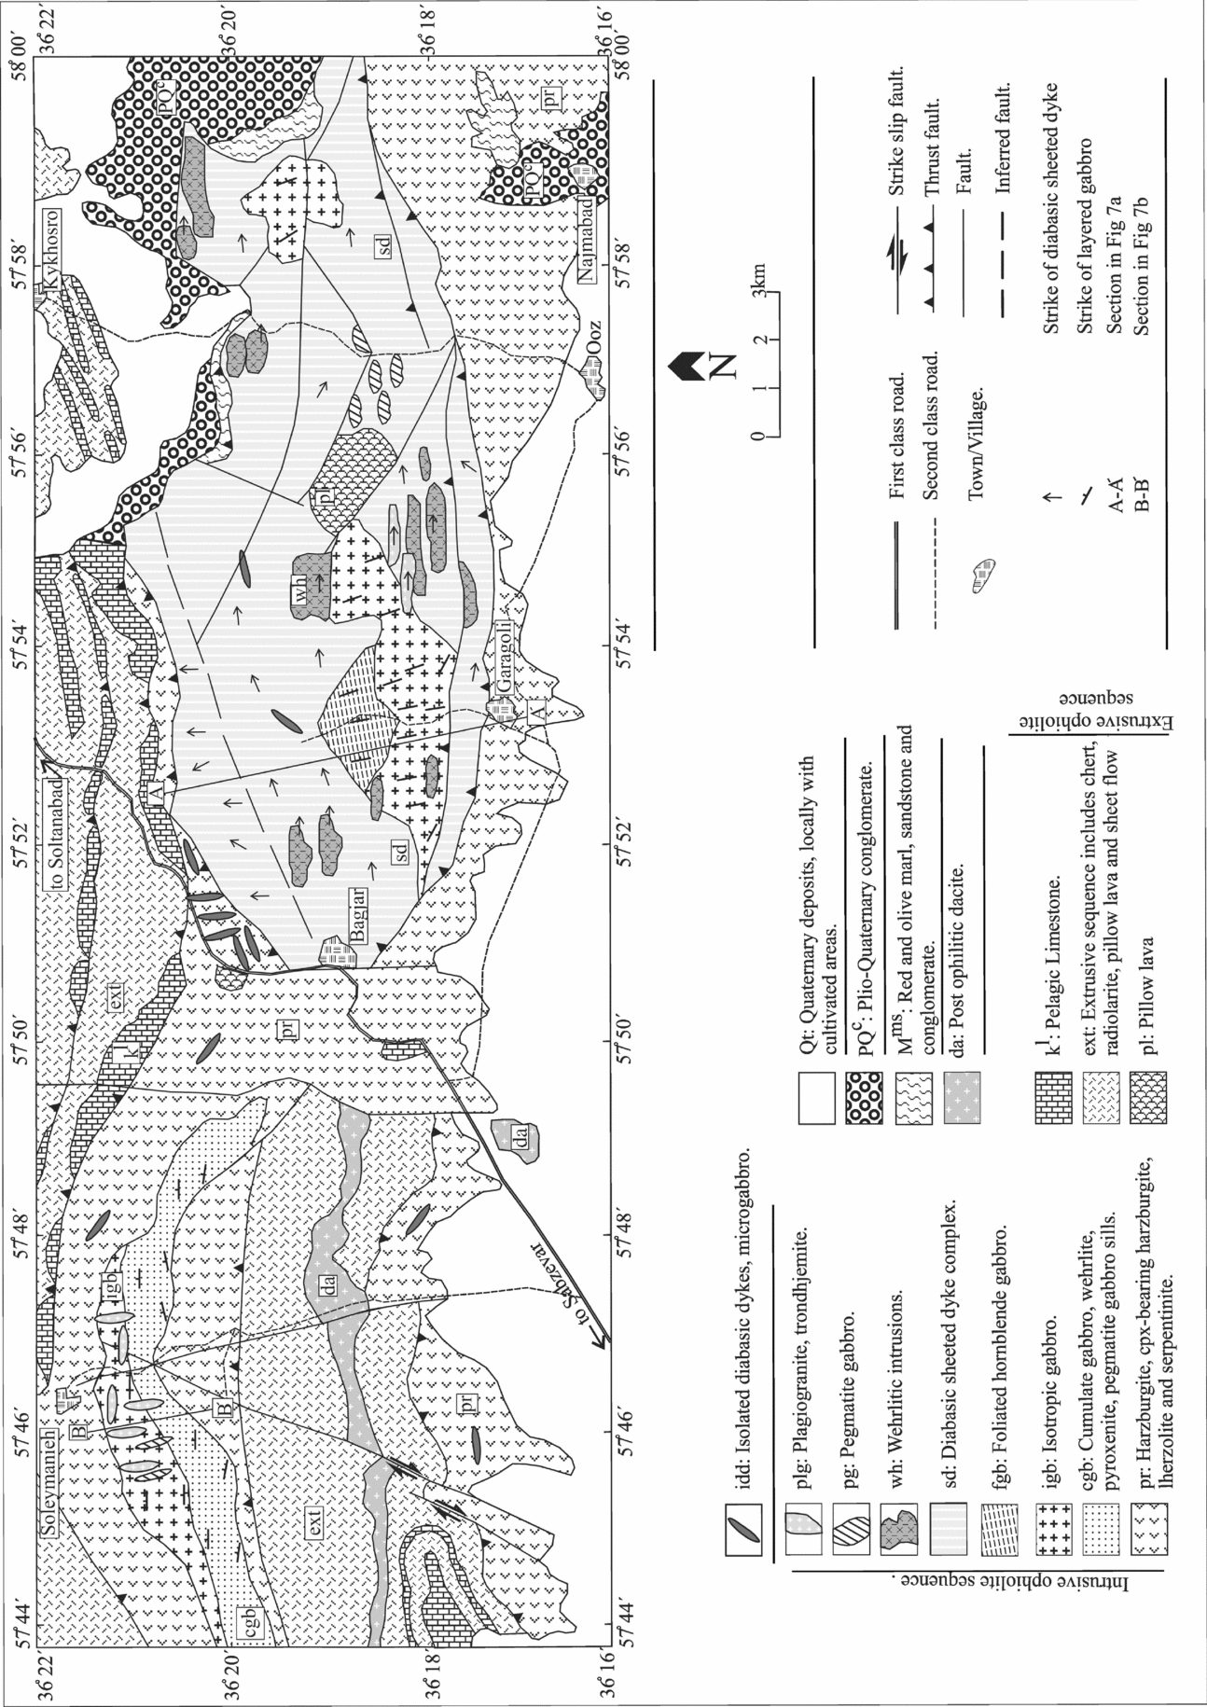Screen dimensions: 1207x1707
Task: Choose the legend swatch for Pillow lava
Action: click(1148, 1089)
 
